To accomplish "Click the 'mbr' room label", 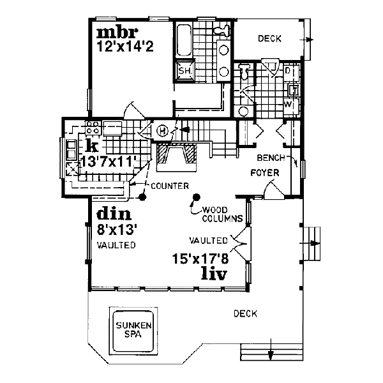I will click(113, 33).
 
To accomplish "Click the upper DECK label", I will click(270, 40).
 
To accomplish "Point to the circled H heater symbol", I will click(162, 131).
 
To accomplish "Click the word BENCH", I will click(269, 157).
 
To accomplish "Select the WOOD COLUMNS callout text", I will click(221, 214).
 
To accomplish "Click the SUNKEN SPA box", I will click(133, 330).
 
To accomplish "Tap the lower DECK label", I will click(244, 313).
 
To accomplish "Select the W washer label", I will click(288, 103).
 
